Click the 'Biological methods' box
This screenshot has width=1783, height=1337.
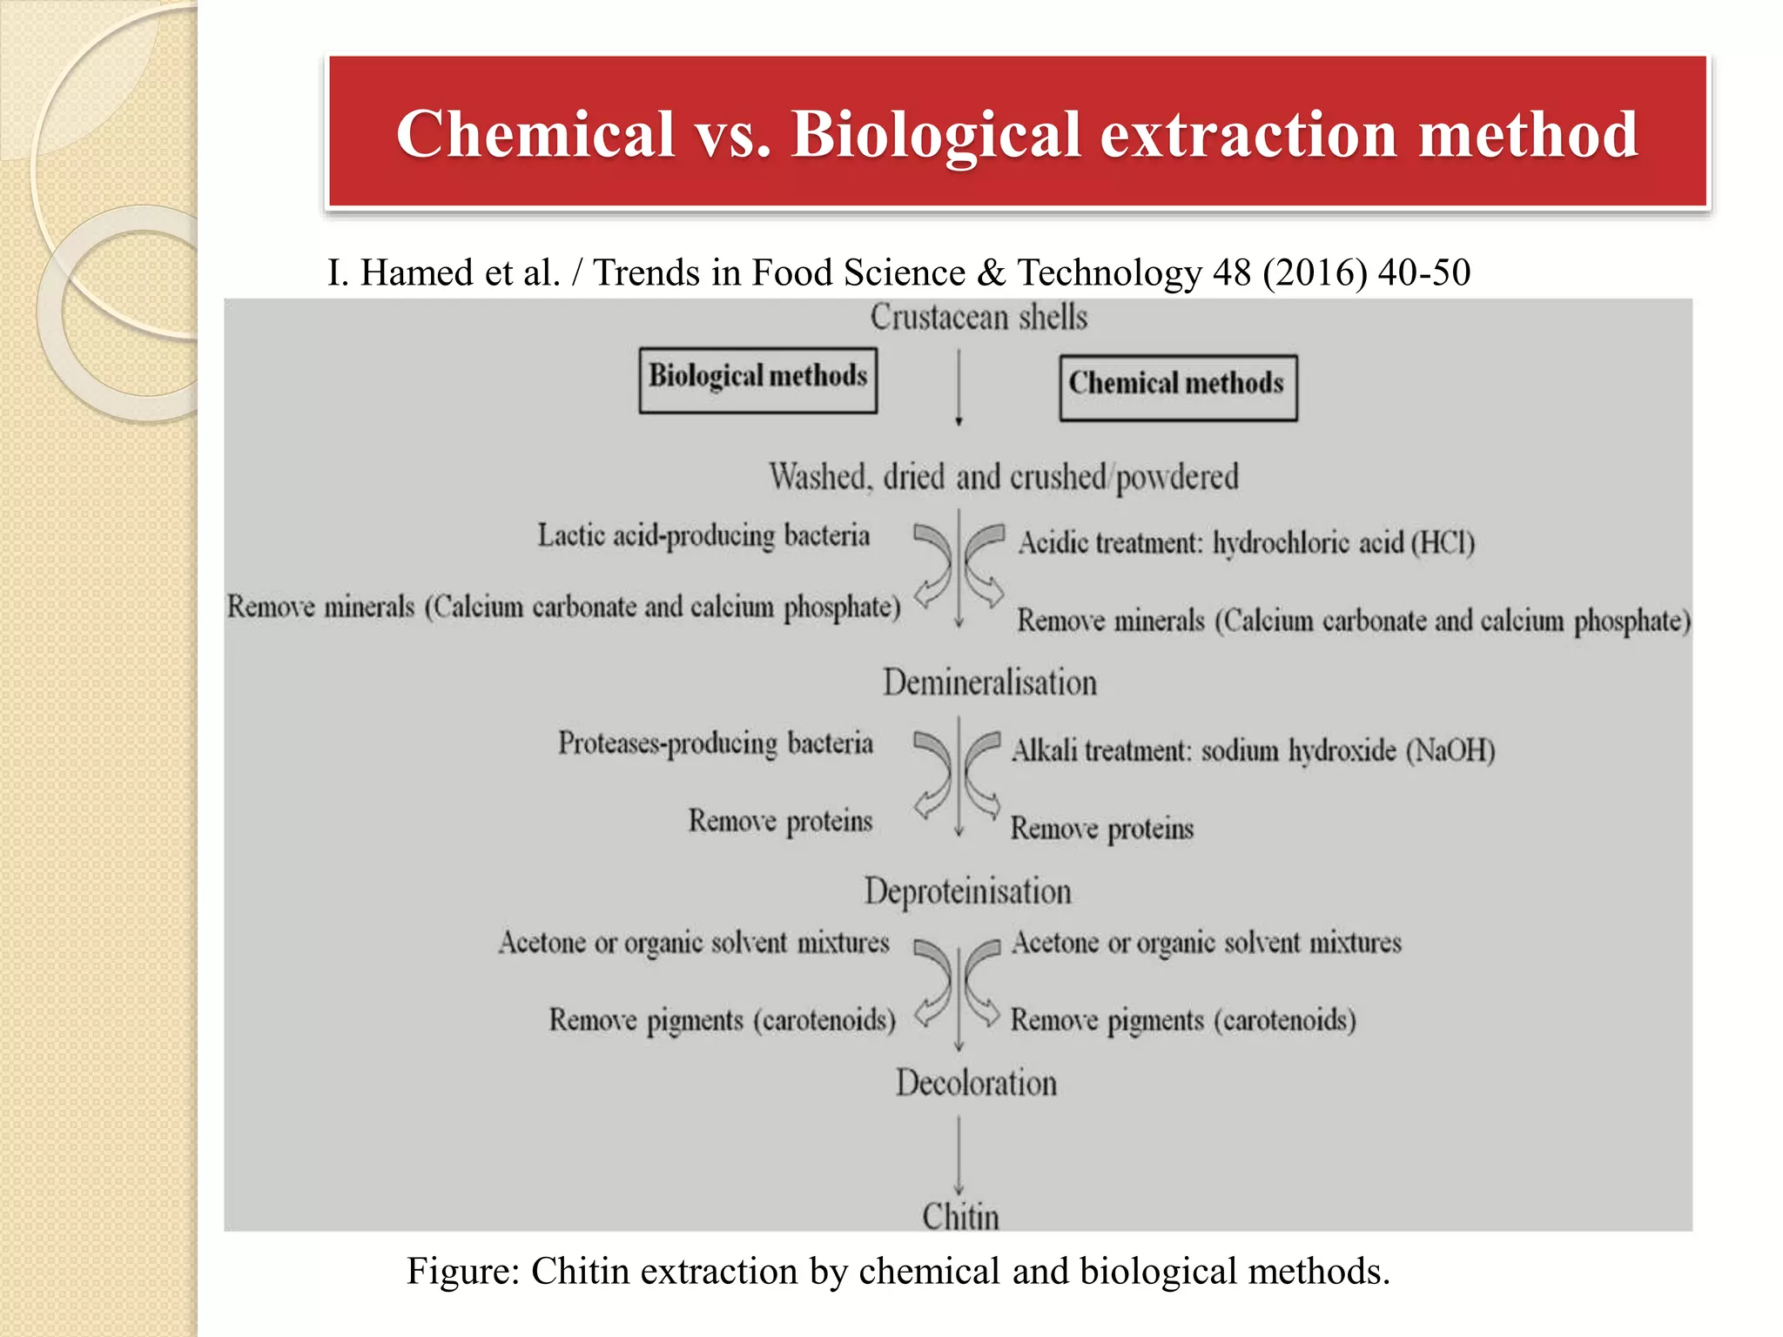click(x=757, y=380)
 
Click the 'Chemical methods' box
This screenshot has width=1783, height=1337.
click(x=1177, y=387)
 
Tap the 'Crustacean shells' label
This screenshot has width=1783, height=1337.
click(x=979, y=318)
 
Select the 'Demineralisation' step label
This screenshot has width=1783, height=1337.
click(x=990, y=682)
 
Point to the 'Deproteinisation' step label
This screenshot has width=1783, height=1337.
click(x=967, y=891)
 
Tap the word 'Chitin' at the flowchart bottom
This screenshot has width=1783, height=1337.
click(x=960, y=1216)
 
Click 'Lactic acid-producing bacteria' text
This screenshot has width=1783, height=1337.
click(x=703, y=535)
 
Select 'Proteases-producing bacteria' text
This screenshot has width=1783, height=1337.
click(x=715, y=743)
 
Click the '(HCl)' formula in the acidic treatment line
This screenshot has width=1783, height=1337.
click(x=1443, y=543)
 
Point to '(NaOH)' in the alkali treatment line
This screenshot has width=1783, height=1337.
click(x=1450, y=750)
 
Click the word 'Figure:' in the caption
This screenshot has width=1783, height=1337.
click(x=463, y=1271)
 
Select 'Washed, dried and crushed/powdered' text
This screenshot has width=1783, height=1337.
click(x=1003, y=477)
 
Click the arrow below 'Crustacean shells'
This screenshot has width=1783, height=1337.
click(x=959, y=387)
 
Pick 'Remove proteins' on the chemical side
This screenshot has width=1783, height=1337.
click(x=1101, y=829)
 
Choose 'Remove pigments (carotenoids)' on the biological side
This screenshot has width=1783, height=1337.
click(x=722, y=1020)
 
